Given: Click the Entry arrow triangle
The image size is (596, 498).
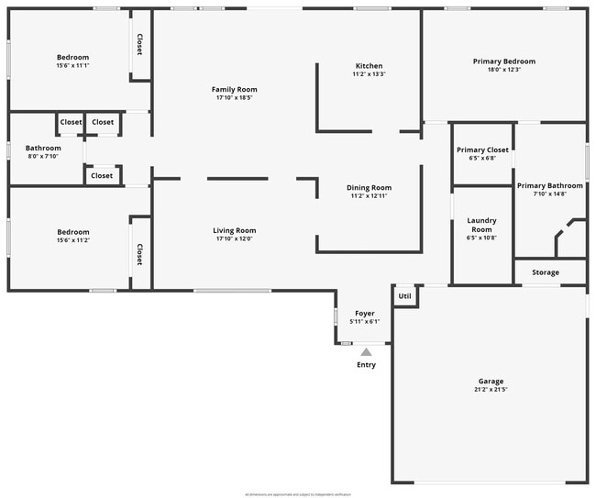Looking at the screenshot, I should pos(366,351).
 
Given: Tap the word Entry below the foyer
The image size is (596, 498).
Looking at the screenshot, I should pos(366,365).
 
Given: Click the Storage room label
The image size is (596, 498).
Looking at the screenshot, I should pos(546,272).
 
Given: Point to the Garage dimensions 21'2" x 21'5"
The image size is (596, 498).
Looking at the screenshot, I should pos(491,390).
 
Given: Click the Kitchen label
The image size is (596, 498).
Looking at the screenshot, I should pos(369,66).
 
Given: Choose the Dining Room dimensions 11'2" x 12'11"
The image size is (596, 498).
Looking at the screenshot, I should pos(369,196).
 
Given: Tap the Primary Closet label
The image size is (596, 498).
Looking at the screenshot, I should pos(482,149).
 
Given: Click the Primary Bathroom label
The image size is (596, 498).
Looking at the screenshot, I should pos(549,185).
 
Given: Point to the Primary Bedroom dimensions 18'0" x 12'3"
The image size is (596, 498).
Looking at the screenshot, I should pos(503,70).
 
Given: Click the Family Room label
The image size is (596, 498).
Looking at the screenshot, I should pos(235,89).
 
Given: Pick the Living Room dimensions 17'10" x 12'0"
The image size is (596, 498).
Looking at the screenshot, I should pos(234,239).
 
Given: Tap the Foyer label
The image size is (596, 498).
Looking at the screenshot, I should pos(364,314).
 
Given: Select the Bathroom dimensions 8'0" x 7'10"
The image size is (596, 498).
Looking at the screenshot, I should pos(43,156).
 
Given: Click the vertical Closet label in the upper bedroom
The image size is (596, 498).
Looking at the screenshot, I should pos(140,44).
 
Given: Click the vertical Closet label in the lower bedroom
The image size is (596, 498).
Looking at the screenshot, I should pos(140,254).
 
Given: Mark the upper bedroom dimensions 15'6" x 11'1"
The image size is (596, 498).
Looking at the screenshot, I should pos(72,65).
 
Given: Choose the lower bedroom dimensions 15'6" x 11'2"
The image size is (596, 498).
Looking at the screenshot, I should pos(72,240).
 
